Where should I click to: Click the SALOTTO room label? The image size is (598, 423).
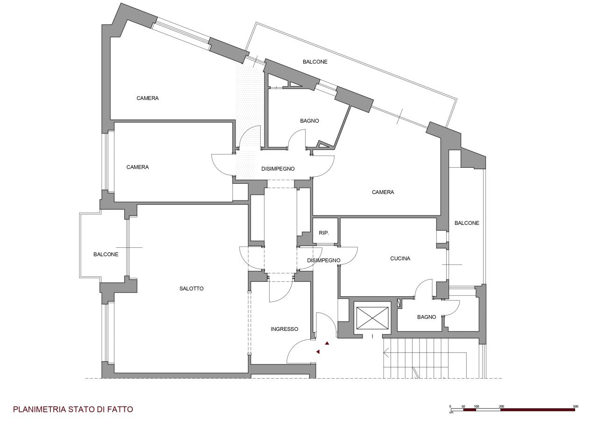(x=191, y=288)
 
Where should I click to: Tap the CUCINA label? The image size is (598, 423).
(x=400, y=258)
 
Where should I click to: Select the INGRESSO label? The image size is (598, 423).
(x=285, y=329)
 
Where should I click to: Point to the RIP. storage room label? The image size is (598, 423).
(x=324, y=233)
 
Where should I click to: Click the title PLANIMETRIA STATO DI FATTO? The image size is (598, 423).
(x=73, y=409)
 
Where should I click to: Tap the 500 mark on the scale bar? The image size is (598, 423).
(x=575, y=407)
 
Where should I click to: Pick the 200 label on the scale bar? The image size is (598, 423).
(x=501, y=407)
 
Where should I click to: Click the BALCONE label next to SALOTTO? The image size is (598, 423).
(x=106, y=254)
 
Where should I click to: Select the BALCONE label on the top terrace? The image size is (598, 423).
(x=315, y=62)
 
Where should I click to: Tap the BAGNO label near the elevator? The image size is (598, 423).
(x=427, y=317)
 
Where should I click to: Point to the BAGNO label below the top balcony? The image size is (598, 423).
(x=309, y=121)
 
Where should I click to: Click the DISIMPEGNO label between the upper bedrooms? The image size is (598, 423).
(x=278, y=169)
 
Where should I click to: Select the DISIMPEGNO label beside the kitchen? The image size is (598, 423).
(x=324, y=260)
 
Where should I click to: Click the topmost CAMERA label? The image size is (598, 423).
(x=147, y=98)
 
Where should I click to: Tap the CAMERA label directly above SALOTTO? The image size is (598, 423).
(x=137, y=167)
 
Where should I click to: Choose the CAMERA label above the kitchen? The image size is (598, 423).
(x=383, y=192)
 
